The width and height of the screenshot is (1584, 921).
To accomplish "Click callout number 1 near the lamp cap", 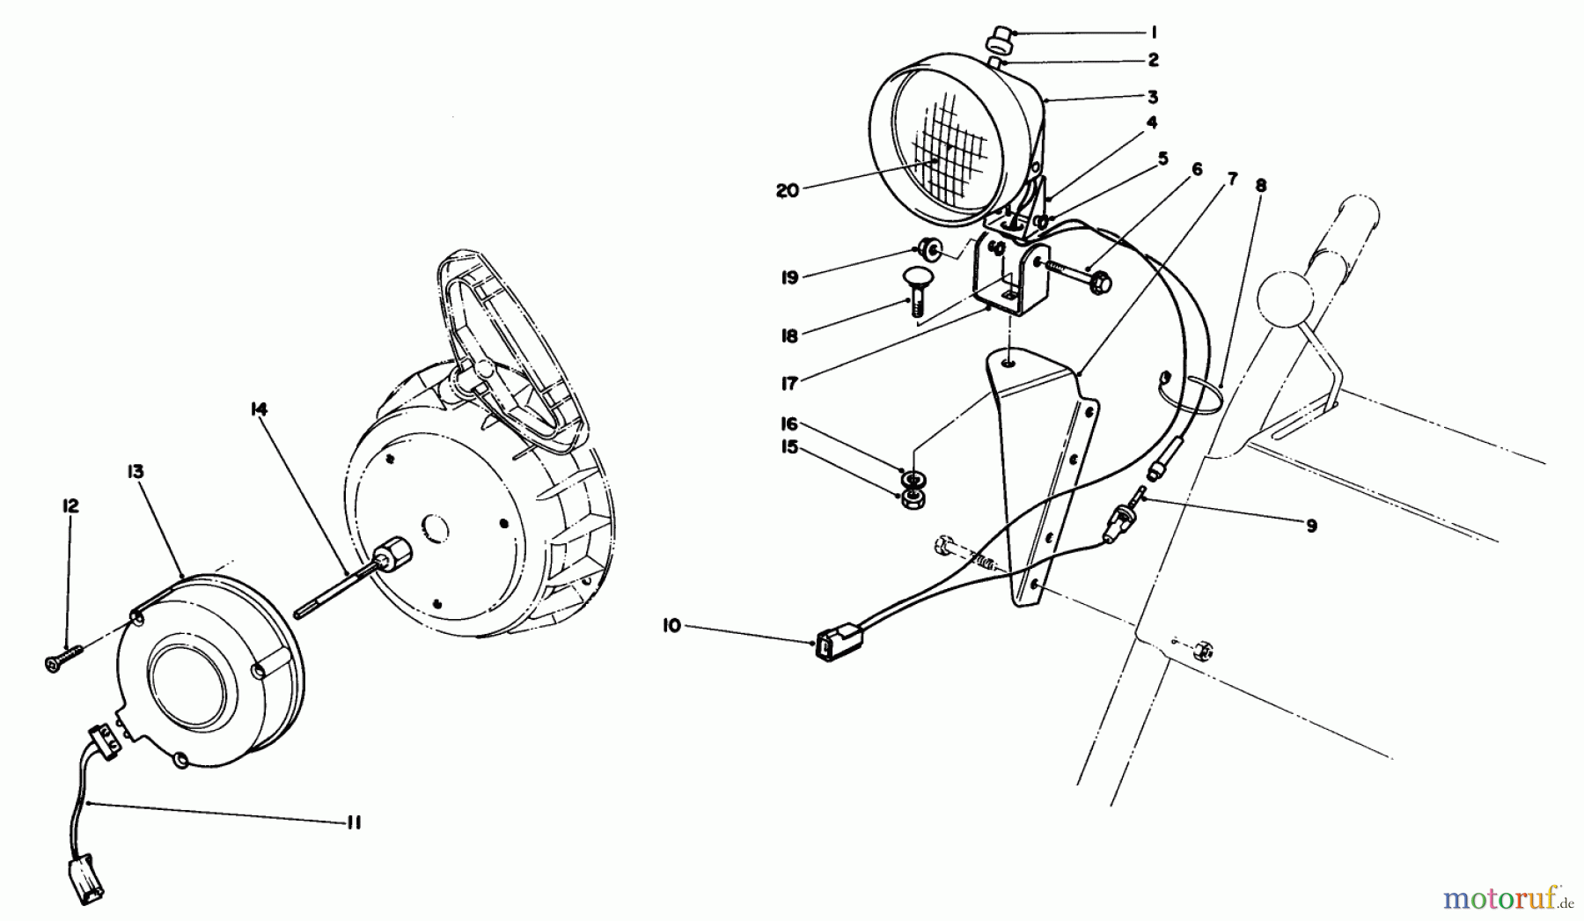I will tap(1153, 33).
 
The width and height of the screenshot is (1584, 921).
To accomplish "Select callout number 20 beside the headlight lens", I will tap(788, 189).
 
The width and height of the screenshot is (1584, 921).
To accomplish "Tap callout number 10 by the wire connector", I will tap(672, 626).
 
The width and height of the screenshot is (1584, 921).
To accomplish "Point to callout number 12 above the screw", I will tap(70, 506).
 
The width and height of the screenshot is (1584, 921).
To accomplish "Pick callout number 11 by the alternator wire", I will tap(354, 822).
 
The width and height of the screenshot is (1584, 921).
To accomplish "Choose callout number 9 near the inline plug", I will tap(1311, 526).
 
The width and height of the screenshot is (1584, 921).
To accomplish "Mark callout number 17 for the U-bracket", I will tap(788, 383).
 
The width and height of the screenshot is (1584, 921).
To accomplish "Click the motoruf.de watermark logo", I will tap(1506, 899).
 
